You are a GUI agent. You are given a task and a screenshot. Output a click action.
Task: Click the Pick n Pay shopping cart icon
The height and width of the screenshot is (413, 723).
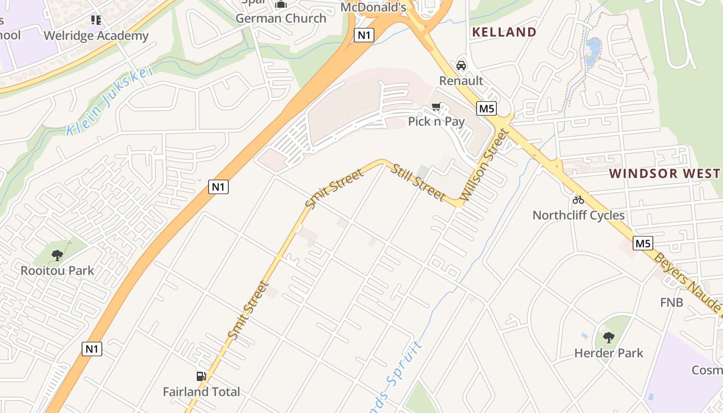coord(436,107)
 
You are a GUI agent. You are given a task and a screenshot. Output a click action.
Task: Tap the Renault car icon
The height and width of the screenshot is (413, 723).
coord(461,66)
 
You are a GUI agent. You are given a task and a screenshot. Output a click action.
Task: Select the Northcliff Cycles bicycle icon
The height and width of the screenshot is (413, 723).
coord(578,200)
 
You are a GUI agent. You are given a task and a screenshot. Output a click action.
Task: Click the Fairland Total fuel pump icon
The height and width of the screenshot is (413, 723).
coord(201,377)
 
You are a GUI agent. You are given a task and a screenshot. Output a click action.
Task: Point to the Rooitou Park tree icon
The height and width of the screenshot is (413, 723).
coord(57,255)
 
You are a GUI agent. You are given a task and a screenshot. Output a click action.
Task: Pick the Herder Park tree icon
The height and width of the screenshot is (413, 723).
coord(609,338)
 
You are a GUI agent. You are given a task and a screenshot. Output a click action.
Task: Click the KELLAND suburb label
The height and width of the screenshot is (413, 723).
coord(505,32)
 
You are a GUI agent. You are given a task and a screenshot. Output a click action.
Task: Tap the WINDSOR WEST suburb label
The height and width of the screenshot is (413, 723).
coord(665,173)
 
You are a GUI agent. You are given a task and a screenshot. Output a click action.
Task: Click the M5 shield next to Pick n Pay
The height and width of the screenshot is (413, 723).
coord(486,108)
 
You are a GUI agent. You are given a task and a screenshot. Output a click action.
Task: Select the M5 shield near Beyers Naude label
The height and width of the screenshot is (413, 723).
coord(643,243)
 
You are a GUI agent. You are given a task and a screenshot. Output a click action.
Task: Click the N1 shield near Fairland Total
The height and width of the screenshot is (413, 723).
coord(92,349)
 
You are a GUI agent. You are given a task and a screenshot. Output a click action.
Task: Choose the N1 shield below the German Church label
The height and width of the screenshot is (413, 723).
coord(364,35)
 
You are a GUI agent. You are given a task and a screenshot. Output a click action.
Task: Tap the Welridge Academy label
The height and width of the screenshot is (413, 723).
coord(96,36)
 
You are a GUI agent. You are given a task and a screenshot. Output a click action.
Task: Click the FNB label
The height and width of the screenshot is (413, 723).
coord(671,302)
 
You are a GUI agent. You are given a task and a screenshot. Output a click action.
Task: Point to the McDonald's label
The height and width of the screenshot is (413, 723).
coord(373,7)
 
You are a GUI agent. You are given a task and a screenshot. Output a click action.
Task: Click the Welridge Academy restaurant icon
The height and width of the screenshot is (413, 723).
coord(96,20)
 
